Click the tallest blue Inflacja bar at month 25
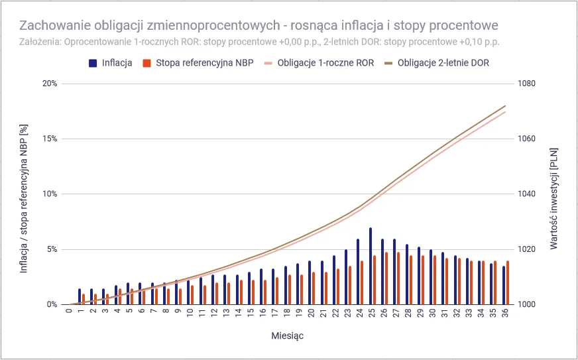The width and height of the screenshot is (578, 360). [371, 266]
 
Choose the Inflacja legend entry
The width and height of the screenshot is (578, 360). [117, 63]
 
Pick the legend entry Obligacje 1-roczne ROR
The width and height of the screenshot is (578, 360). [325, 63]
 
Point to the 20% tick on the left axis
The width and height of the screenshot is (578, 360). [50, 84]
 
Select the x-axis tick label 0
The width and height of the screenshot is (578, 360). [69, 312]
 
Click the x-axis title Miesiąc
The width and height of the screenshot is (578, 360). [288, 335]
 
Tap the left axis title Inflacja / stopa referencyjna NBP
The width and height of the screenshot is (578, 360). [24, 194]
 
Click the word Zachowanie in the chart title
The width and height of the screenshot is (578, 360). [55, 26]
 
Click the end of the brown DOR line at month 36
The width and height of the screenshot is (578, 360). [506, 105]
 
